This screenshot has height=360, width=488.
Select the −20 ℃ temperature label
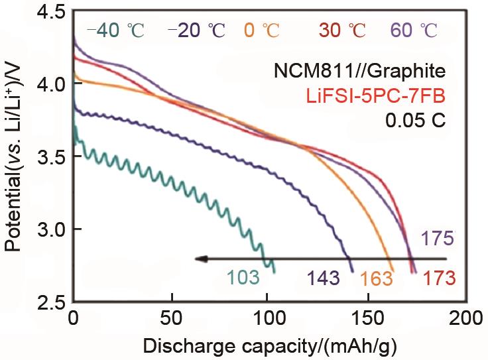point(197,30)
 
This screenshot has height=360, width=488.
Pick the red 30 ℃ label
point(343,30)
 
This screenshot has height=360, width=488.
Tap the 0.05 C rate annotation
point(417,122)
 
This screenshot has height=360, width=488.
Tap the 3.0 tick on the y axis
point(50,229)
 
